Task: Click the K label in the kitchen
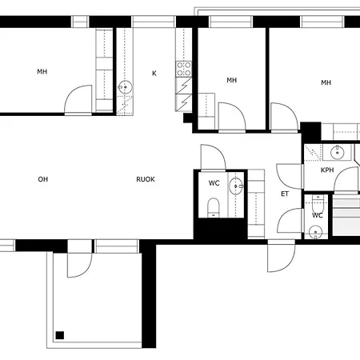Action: click(154, 74)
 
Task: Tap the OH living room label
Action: click(43, 179)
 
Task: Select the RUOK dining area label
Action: click(146, 179)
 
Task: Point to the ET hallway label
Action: click(285, 194)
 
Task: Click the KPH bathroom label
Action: click(327, 170)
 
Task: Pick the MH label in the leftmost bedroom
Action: click(42, 71)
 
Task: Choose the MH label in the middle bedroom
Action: click(232, 80)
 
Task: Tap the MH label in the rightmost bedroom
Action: click(326, 82)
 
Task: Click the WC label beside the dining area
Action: click(214, 183)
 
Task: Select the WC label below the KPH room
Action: click(318, 215)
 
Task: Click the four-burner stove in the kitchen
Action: click(184, 69)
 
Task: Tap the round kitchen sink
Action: click(125, 87)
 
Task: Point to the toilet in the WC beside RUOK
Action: click(214, 207)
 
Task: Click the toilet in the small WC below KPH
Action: click(318, 203)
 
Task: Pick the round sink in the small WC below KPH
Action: click(316, 233)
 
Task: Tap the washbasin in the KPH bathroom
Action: click(338, 153)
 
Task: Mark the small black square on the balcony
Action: click(60, 335)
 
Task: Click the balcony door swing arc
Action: click(86, 271)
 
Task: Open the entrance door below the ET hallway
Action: click(282, 255)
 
